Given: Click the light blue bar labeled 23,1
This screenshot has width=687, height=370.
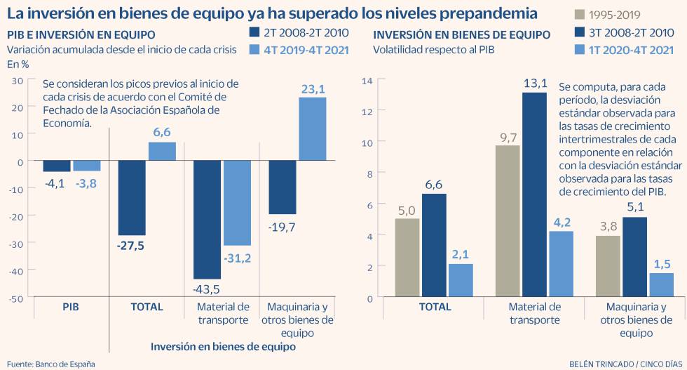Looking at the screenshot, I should point(313,129).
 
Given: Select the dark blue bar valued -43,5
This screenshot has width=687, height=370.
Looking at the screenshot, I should point(208,220).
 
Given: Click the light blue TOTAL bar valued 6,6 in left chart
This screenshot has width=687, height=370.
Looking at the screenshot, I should point(162,152).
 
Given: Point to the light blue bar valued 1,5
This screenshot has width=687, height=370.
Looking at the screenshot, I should point(661,284).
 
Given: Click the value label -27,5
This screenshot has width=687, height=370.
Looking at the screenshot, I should point(132,246).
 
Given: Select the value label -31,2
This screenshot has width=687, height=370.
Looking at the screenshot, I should point(237,258).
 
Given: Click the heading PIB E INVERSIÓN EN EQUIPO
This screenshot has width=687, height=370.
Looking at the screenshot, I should point(81,35).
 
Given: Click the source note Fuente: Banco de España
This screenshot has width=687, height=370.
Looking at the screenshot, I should point(51,364).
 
